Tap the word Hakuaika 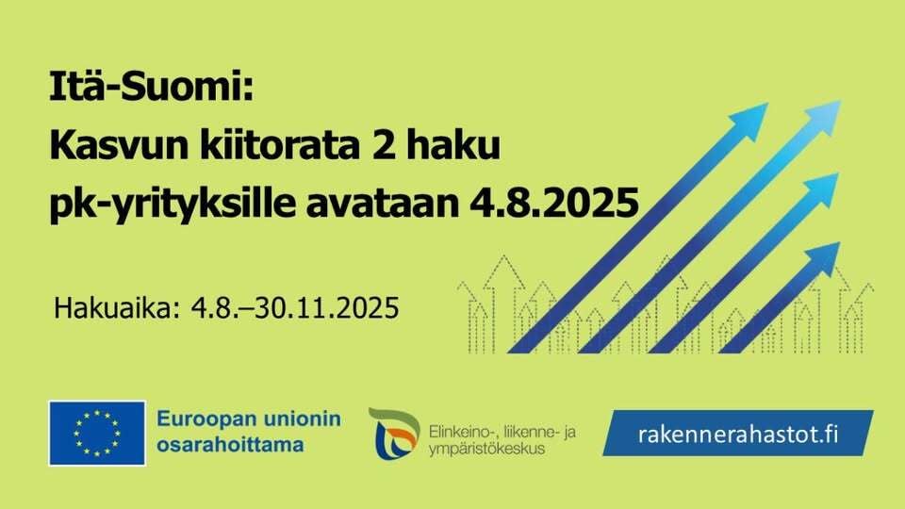117,307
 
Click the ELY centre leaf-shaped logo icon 394,434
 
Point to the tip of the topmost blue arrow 834,106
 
